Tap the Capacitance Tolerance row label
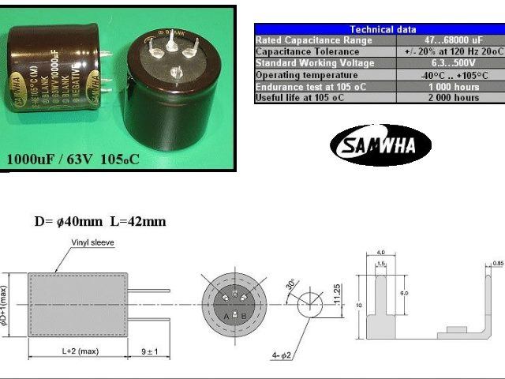click(301, 51)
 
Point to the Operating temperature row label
click(301, 74)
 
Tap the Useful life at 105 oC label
click(300, 98)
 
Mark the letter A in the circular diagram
click(226, 315)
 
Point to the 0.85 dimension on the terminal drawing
click(497, 263)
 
